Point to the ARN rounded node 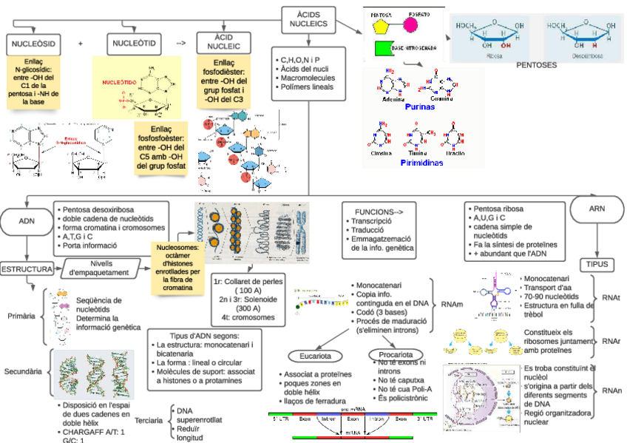[x=596, y=209]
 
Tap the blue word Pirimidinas [x=421, y=161]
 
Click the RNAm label [x=453, y=303]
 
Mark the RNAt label [x=611, y=297]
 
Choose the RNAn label [x=611, y=390]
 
